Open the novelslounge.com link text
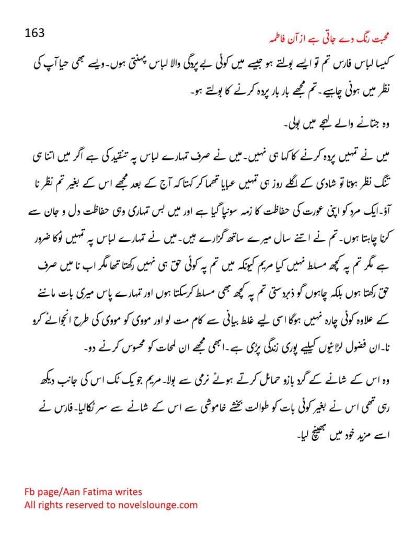pos(156,505)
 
